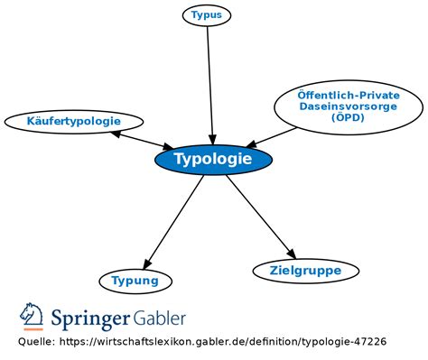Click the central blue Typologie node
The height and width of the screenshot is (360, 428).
(x=213, y=160)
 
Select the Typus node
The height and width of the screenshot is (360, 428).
(x=207, y=15)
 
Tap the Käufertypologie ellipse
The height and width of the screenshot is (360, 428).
(x=74, y=122)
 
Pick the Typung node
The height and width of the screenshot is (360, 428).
(x=135, y=282)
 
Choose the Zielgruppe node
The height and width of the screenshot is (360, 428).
(x=306, y=271)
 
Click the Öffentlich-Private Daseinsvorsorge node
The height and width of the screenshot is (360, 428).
(x=349, y=107)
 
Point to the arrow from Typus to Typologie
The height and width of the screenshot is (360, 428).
(x=210, y=86)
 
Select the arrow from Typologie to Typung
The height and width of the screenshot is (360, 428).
(x=173, y=222)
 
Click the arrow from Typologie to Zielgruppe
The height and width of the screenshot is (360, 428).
(x=261, y=217)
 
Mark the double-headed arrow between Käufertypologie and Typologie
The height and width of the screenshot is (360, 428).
(x=142, y=141)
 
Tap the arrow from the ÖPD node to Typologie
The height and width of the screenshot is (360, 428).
(x=271, y=138)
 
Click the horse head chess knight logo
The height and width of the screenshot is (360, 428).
(x=32, y=314)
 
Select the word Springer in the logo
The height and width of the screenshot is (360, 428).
(x=90, y=318)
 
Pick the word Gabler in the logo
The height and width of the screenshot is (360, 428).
(x=159, y=318)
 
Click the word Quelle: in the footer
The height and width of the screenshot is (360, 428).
(x=37, y=342)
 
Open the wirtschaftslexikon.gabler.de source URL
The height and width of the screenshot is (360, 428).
(x=223, y=342)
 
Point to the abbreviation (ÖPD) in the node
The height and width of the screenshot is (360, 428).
(x=348, y=117)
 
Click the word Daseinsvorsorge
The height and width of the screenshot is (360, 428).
(x=349, y=106)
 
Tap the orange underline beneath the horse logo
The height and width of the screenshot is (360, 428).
(x=33, y=329)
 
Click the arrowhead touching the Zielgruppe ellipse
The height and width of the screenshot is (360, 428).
(x=291, y=254)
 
